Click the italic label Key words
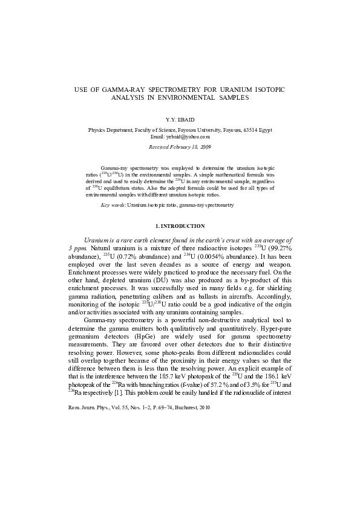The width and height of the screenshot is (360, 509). click(113, 206)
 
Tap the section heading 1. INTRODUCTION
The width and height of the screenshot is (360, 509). click(180, 226)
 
